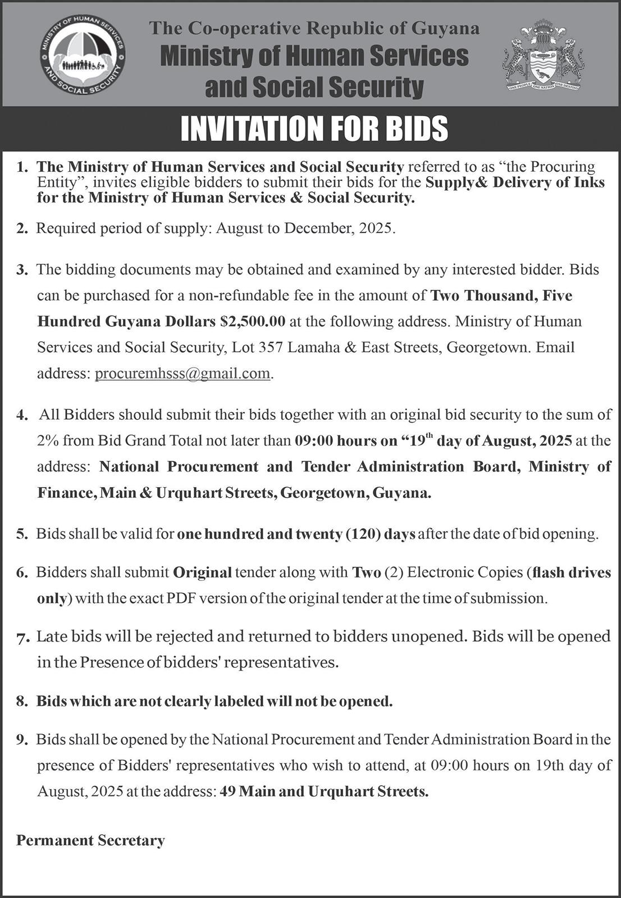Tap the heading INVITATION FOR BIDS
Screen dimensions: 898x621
coord(314,129)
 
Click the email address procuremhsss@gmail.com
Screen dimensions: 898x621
coord(183,373)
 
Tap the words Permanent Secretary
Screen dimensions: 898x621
coord(90,840)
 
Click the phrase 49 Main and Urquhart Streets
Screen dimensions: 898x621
coord(325,791)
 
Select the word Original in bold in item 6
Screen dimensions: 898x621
coord(203,572)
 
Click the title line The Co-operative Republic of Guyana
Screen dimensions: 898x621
coord(314,28)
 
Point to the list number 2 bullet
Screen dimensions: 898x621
coord(22,229)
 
